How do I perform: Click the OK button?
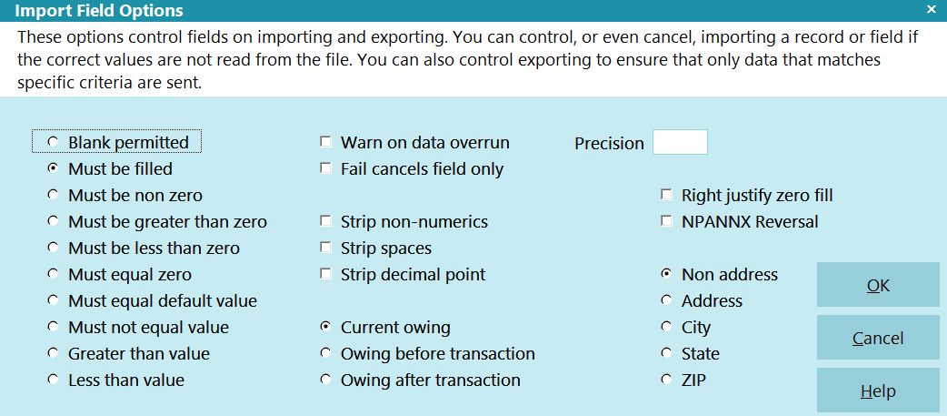point(878,285)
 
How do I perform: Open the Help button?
point(878,391)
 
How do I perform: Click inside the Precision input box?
point(680,142)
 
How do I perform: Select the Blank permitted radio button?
point(53,141)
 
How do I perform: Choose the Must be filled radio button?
point(53,168)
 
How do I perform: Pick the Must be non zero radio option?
point(53,195)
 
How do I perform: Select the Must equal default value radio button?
point(53,300)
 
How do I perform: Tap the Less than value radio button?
point(53,380)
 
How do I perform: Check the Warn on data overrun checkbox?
point(326,142)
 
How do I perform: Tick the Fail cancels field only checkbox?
point(326,168)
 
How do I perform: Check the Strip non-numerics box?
point(326,221)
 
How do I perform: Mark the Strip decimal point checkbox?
point(326,274)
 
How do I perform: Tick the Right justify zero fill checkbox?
point(667,195)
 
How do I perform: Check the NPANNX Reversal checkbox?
point(667,221)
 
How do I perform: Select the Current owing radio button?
point(326,327)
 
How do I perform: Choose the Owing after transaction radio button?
point(326,380)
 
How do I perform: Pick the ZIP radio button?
point(667,380)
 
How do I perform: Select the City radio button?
point(667,327)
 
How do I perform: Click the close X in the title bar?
point(931,10)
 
